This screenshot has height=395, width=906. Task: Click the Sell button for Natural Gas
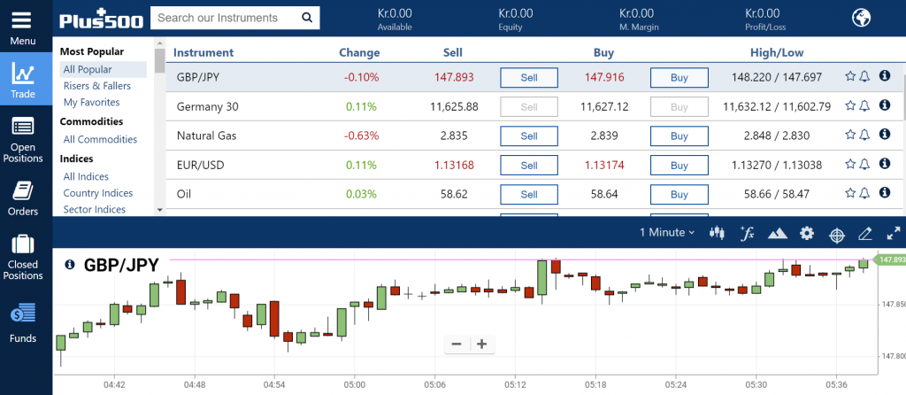tap(529, 136)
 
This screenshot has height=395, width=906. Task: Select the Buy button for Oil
tap(679, 194)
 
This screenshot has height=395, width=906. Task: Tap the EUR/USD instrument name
tap(201, 165)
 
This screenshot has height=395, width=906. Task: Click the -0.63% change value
tap(362, 136)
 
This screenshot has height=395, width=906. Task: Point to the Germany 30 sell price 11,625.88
tap(454, 106)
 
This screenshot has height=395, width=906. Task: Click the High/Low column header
tap(777, 52)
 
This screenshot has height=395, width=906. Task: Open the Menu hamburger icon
tap(22, 21)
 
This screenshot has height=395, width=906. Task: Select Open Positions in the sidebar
tap(23, 141)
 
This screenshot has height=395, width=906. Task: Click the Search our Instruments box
tap(235, 18)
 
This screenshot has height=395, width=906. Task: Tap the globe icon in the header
tap(861, 18)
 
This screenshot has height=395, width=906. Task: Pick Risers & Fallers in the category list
tap(97, 86)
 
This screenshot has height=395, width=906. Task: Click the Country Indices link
tap(98, 192)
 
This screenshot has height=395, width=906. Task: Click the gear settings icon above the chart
tap(807, 233)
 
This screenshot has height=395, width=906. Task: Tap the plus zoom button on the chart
tap(482, 345)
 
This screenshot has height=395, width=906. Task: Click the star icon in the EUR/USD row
tap(850, 164)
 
